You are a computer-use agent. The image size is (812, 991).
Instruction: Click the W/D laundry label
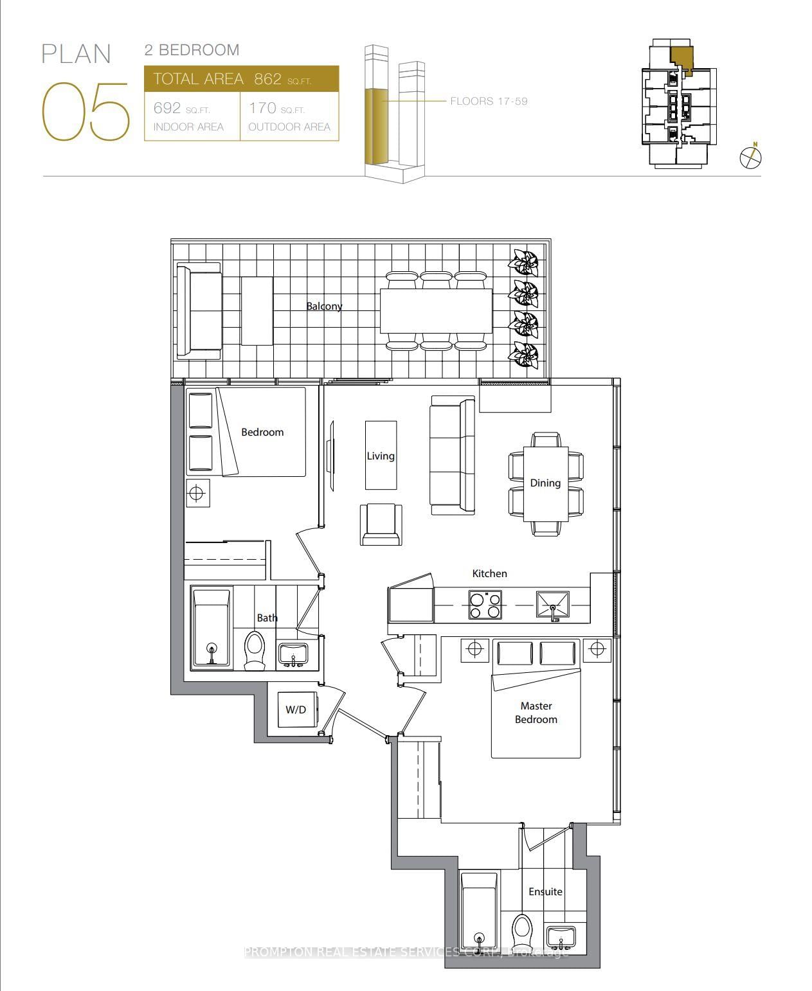pos(295,710)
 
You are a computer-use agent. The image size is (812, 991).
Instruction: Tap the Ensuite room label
pos(545,891)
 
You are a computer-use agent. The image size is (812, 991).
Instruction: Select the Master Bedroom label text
pos(536,712)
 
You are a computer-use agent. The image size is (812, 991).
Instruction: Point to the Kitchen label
pos(489,573)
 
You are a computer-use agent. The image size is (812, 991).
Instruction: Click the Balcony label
pos(324,307)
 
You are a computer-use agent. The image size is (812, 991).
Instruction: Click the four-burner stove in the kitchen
pos(485,605)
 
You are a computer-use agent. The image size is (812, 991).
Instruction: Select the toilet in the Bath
pos(255,650)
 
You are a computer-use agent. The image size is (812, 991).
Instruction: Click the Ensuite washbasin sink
pos(561,938)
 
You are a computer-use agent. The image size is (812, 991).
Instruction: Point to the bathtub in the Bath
pos(212,628)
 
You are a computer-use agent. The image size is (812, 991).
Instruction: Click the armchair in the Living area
pos(381,524)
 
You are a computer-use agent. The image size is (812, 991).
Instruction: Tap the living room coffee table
pos(381,455)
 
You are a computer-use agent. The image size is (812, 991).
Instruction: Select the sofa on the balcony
pos(199,310)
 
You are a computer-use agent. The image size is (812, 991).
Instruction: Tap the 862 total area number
pos(267,79)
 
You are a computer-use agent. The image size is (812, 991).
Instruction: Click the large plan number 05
pos(86,111)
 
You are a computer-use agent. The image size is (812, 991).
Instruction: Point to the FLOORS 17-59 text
pos(489,101)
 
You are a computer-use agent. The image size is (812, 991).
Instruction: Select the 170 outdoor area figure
pos(262,108)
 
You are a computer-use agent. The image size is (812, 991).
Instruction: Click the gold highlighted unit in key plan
pos(681,59)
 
